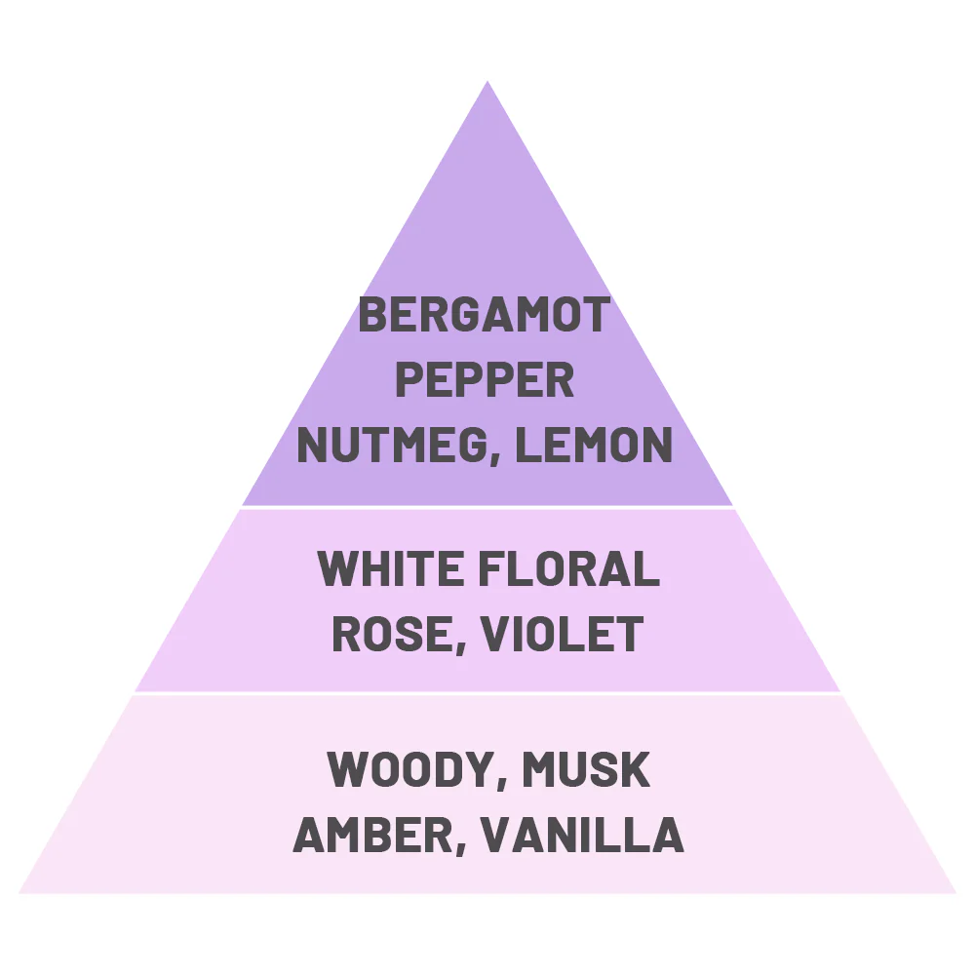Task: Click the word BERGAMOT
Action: coord(485,314)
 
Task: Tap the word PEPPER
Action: coord(485,379)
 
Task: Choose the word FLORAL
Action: coord(568,568)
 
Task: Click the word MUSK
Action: coord(586,769)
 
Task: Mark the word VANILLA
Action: coord(582,835)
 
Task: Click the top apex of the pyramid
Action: coord(487,81)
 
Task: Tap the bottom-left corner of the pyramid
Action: coord(19,893)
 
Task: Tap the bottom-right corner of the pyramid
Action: coord(955,893)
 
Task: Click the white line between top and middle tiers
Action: coord(487,507)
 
